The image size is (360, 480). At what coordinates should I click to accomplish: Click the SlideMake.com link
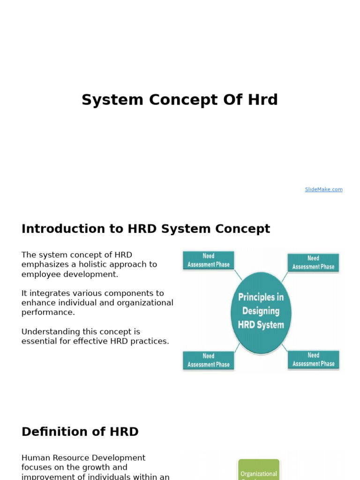[x=323, y=189]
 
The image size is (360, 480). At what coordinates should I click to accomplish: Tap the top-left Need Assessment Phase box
[x=209, y=260]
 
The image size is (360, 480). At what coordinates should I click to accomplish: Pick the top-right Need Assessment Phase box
[x=313, y=262]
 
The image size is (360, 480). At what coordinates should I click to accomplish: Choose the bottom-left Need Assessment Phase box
[x=209, y=360]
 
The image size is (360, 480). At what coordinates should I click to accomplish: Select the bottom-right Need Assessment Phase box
[x=314, y=360]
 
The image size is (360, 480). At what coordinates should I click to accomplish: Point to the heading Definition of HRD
[x=80, y=432]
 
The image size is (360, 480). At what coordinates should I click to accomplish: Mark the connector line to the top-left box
[x=238, y=275]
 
